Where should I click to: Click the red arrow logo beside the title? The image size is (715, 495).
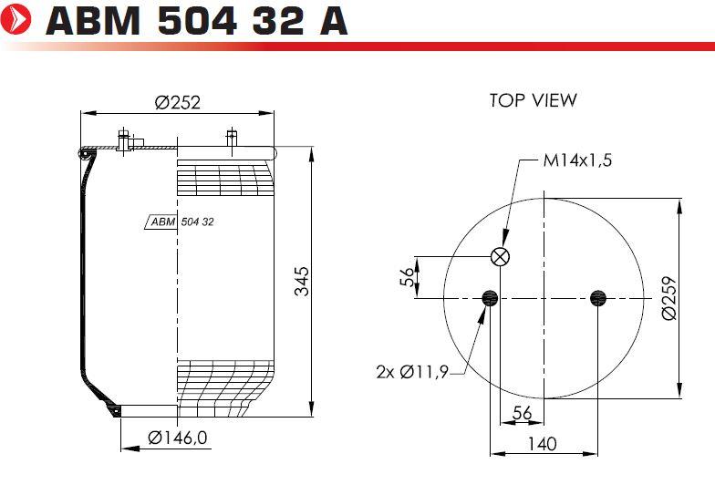pos(16,20)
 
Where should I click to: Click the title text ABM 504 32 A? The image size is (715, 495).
pos(197,21)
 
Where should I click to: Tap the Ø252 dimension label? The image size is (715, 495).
pos(177,102)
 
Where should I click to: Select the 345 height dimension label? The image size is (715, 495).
pos(301,281)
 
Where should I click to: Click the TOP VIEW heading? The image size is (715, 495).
pos(533,100)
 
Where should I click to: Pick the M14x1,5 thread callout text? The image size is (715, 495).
pos(577,160)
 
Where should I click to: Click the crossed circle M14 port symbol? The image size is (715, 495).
pos(500,257)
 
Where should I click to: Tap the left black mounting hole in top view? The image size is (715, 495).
pos(491,299)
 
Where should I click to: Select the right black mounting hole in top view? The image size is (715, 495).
pos(598,299)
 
